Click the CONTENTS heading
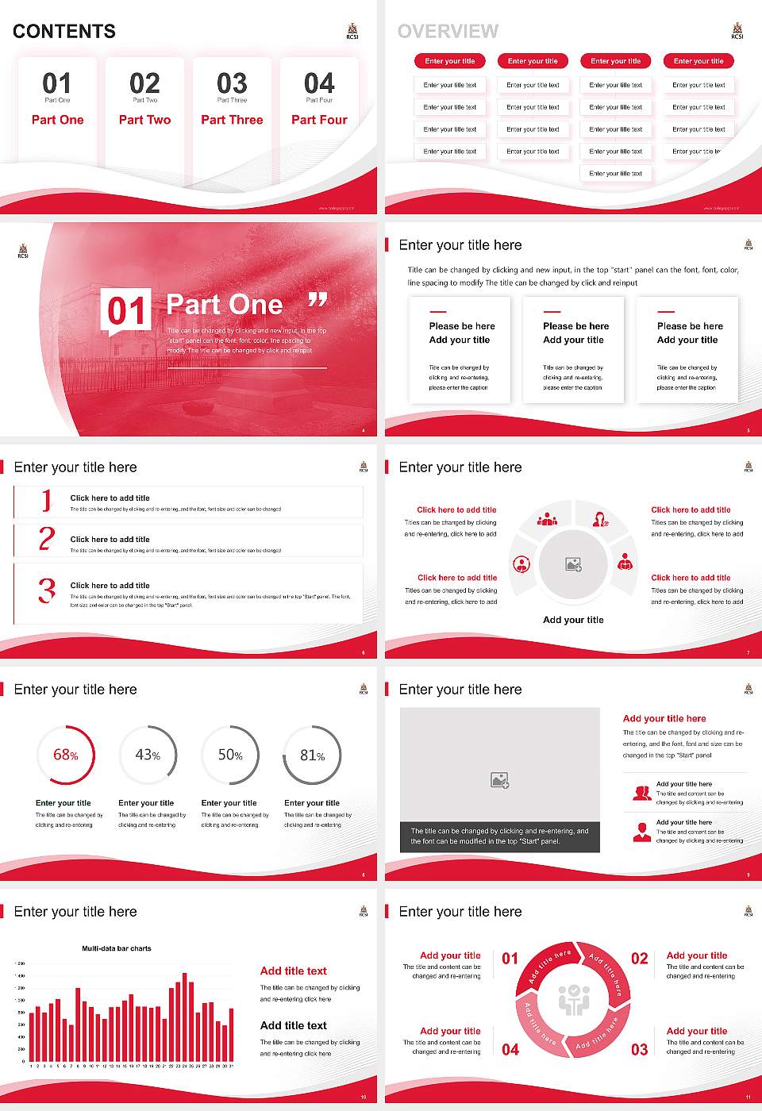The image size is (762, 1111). pos(64,32)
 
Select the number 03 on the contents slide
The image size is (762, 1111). pos(232,83)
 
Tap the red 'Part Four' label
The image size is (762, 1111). pos(319,120)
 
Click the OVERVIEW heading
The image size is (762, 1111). pos(448,32)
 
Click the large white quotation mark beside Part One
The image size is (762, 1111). pos(317,300)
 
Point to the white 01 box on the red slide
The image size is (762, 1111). pos(125,310)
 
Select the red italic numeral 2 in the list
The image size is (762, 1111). pos(47,539)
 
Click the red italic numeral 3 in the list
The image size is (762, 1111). pos(47,590)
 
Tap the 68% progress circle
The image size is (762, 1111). pos(66,755)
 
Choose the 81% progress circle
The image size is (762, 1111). pos(313,755)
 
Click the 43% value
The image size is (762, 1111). pos(148,755)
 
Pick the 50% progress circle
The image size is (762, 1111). pos(230,755)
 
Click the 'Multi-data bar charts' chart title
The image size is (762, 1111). pos(117,948)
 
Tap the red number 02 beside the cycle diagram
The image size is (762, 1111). pos(639,959)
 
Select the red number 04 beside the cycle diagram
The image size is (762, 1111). pos(510,1050)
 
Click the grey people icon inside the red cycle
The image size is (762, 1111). pos(573,1000)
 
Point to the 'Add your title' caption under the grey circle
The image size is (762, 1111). pos(573,620)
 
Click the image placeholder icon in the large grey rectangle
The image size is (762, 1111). pos(499,781)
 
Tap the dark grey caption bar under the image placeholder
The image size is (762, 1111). pos(500,836)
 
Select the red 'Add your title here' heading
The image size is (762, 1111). pos(664,718)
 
